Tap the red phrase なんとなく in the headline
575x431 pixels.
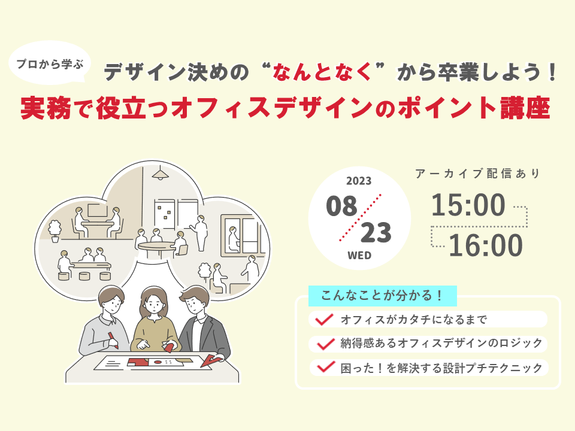pyautogui.click(x=322, y=71)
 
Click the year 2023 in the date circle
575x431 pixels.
pyautogui.click(x=359, y=181)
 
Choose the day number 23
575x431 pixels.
pyautogui.click(x=376, y=233)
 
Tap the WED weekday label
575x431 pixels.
pyautogui.click(x=359, y=256)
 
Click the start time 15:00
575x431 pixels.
pyautogui.click(x=468, y=205)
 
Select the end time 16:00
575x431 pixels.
pyautogui.click(x=486, y=245)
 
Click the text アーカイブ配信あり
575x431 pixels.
pyautogui.click(x=477, y=174)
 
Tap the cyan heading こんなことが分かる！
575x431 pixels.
pyautogui.click(x=383, y=295)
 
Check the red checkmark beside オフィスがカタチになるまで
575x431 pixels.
pyautogui.click(x=324, y=319)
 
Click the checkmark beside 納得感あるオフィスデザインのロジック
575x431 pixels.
pyautogui.click(x=325, y=344)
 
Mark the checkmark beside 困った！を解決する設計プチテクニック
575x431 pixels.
pyautogui.click(x=326, y=367)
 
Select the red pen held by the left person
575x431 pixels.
pyautogui.click(x=113, y=341)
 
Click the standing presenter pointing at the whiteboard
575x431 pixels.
pyautogui.click(x=200, y=233)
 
